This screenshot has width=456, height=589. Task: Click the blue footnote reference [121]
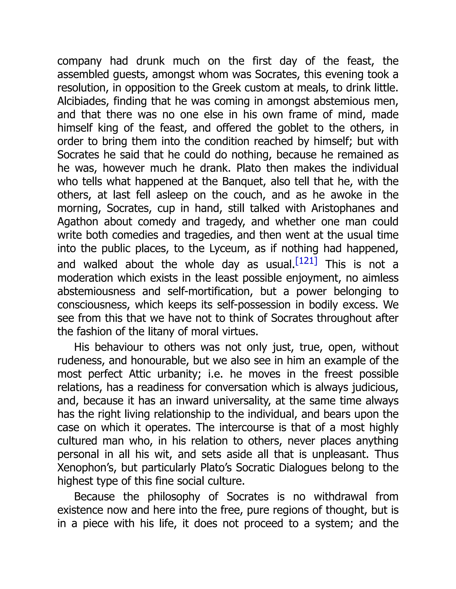(x=306, y=261)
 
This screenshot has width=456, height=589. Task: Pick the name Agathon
(x=77, y=222)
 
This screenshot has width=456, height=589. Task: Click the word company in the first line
(x=79, y=61)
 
